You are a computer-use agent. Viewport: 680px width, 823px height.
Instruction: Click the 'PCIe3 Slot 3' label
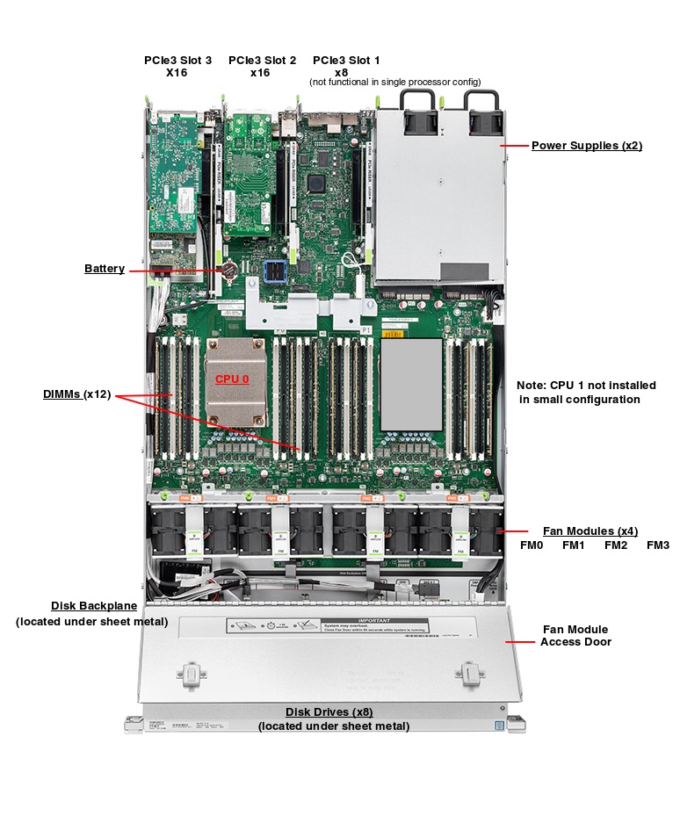pos(177,61)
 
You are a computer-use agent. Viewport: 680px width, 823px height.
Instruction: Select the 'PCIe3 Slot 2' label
pos(261,61)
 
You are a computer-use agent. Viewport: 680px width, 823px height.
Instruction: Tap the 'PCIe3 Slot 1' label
pos(346,61)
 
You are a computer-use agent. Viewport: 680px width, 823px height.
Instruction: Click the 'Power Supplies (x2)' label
pos(586,145)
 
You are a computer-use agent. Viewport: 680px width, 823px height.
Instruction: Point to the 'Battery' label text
pos(105,269)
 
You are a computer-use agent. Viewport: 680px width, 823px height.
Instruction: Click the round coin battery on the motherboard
pos(230,270)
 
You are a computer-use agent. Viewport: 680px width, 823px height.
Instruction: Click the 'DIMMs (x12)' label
pos(77,394)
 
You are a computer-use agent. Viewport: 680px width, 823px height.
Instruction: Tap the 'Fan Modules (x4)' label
pos(590,531)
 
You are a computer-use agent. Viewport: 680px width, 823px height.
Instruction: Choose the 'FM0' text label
pos(532,545)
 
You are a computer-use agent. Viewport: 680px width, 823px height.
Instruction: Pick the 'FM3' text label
pos(658,545)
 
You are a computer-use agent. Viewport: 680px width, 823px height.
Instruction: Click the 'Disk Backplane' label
pos(93,606)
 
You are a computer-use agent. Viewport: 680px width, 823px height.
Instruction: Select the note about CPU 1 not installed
pos(586,392)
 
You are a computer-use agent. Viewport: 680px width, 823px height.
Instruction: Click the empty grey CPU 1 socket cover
pos(411,384)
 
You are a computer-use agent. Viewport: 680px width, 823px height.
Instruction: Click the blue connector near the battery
pos(277,272)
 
